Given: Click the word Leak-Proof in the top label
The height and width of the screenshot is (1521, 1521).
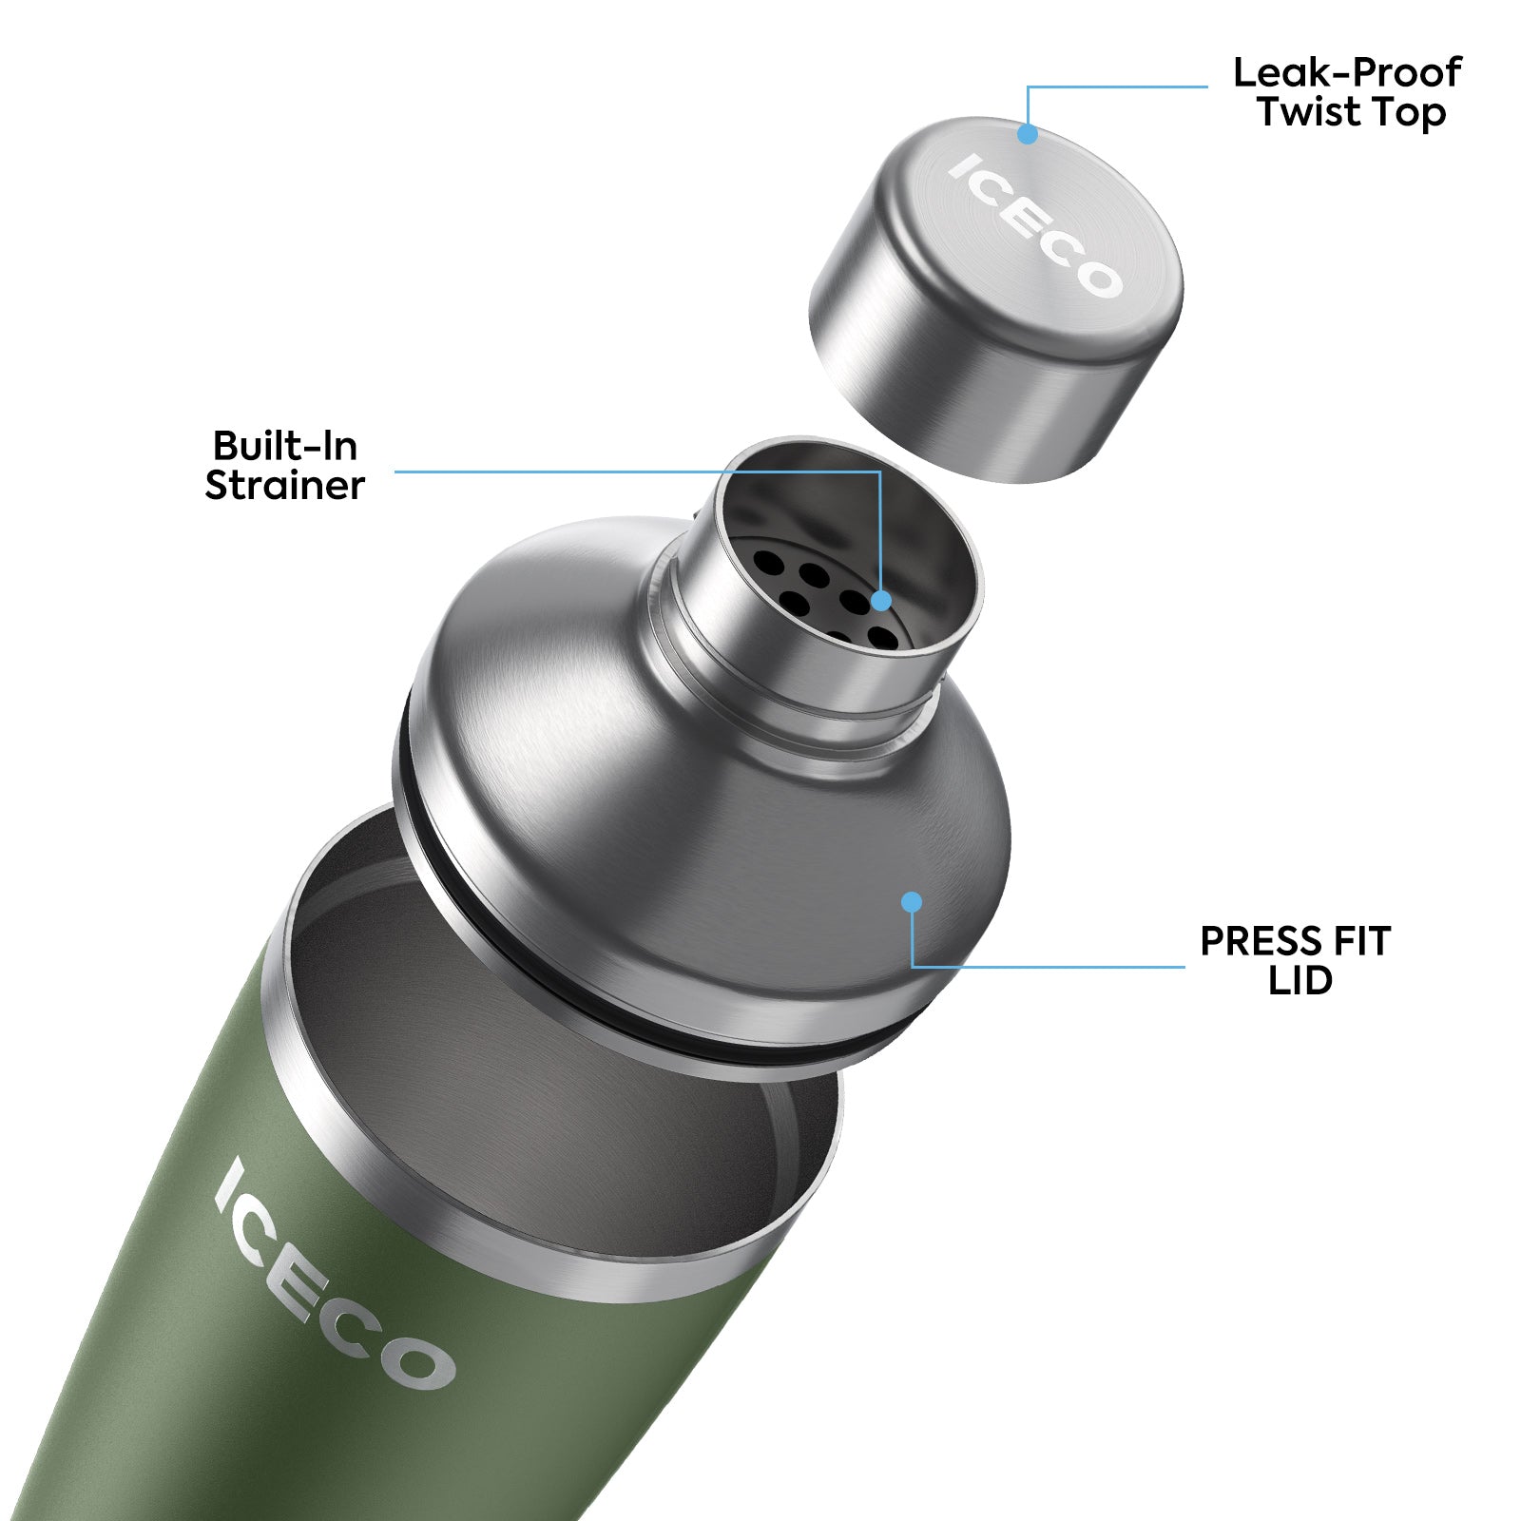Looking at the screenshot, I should point(1346,73).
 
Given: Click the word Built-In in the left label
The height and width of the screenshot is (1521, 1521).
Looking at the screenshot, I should point(284,446).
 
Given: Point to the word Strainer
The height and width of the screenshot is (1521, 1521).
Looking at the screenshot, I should point(284,486).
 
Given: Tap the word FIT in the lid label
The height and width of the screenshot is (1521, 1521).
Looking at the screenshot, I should point(1360,941).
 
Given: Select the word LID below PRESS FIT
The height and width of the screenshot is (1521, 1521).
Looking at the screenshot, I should point(1300,981).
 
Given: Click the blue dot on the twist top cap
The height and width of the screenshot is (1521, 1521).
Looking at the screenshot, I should point(1027,134).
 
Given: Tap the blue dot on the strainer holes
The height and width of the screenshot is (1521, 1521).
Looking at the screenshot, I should point(881,601).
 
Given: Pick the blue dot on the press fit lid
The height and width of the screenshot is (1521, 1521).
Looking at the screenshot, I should point(912,901).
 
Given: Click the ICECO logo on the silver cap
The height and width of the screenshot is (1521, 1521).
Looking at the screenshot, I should point(1036,226).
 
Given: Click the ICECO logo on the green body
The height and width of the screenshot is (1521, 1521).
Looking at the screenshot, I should point(333,1274).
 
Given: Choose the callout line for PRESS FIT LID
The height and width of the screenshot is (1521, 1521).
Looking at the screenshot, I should point(1046,967).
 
